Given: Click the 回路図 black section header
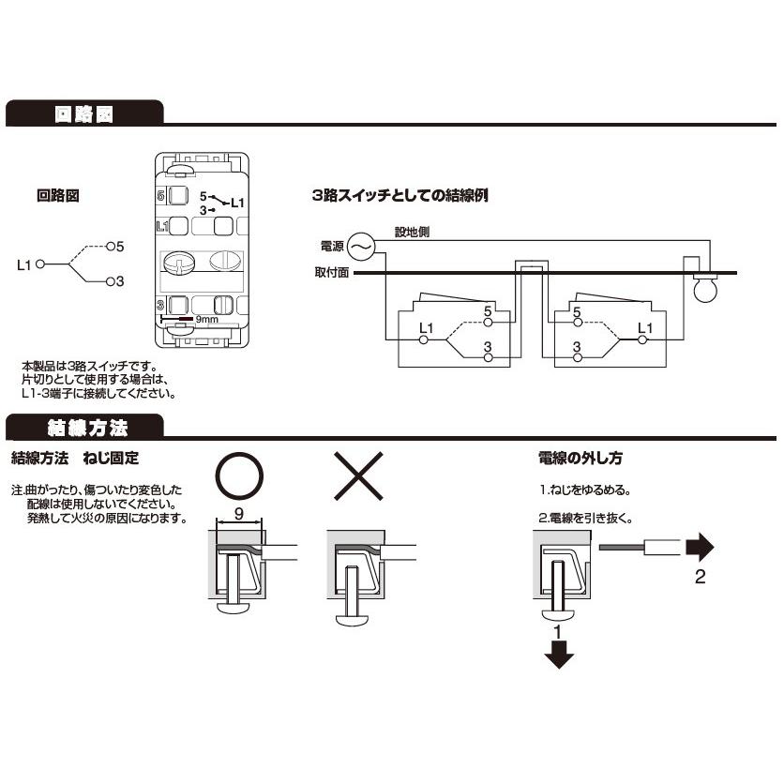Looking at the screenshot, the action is tap(84, 113).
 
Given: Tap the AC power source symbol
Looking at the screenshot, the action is tap(361, 247).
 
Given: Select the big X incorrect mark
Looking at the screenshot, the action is tap(358, 476).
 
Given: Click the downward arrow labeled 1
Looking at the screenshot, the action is tap(559, 655).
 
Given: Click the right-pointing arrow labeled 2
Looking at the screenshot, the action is tap(700, 548).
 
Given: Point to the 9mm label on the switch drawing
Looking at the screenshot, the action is tap(206, 319).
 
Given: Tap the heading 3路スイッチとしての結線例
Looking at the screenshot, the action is tap(400, 195).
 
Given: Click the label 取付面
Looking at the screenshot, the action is tap(331, 273).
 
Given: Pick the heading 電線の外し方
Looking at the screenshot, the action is tap(580, 458).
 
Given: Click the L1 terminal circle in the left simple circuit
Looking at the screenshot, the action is tap(40, 264).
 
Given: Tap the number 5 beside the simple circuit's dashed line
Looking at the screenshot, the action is tap(119, 247).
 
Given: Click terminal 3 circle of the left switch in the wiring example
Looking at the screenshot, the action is tap(489, 357).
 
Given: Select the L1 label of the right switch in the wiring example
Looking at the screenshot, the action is tap(645, 328).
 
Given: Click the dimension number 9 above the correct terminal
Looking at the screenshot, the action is tap(239, 514).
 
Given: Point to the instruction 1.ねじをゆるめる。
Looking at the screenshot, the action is tap(585, 490).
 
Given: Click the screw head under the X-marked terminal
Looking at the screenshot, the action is tap(354, 620).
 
